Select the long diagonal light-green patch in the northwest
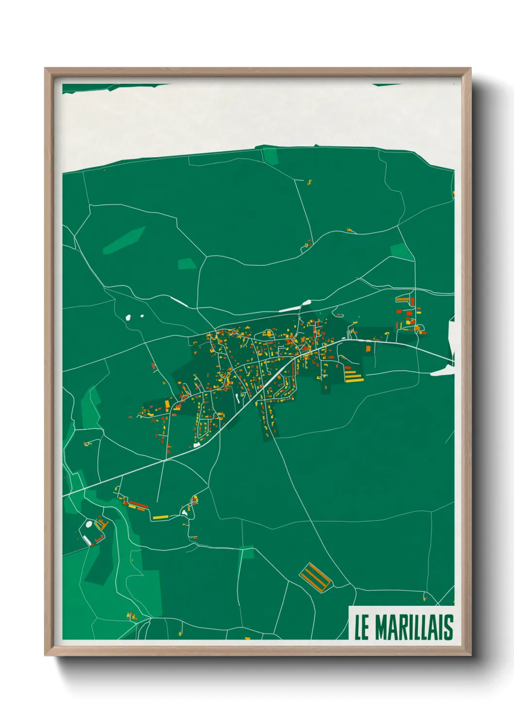124,240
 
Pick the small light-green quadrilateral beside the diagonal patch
187,264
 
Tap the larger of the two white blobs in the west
129,318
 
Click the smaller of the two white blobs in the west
142,316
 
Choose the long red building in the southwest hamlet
138,504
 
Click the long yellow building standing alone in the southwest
160,517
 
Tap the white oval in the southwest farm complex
89,524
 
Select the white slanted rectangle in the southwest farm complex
87,540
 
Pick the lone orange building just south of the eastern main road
368,348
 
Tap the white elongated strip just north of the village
290,308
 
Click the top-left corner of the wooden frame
46,69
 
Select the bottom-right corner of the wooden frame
470,654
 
